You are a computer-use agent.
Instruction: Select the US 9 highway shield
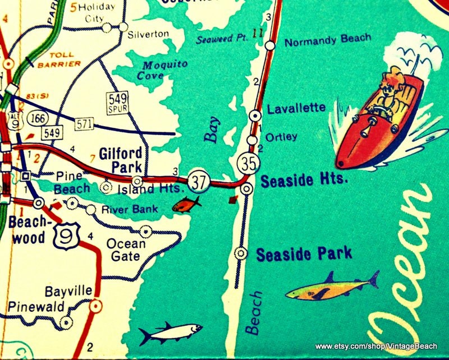coord(63,231)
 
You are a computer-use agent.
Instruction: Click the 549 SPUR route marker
coord(117,101)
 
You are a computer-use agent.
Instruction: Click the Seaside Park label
coord(304,254)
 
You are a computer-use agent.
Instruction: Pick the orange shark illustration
coord(331,288)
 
